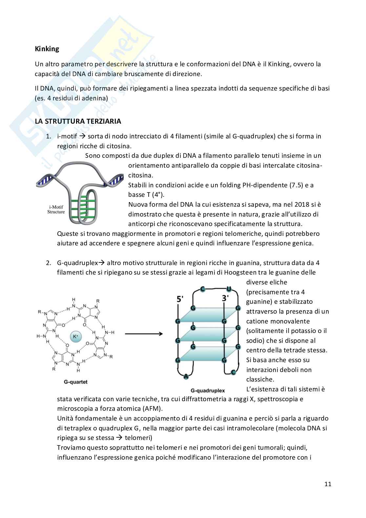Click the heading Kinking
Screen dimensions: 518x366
coord(47,49)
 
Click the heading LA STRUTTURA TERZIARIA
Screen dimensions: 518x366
coord(78,121)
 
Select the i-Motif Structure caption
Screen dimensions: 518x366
coord(56,209)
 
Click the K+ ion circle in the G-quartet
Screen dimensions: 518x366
coord(75,336)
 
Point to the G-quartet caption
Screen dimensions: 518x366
coord(76,382)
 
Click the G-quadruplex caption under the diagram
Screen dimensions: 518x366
coord(208,390)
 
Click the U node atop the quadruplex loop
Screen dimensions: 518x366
coord(229,289)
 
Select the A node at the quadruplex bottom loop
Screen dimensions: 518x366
coord(186,376)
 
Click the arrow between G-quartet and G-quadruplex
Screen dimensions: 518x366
coord(143,334)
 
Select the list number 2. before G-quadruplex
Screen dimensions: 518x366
coord(49,263)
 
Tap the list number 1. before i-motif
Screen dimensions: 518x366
coord(49,136)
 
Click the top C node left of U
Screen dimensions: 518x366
coord(203,289)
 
